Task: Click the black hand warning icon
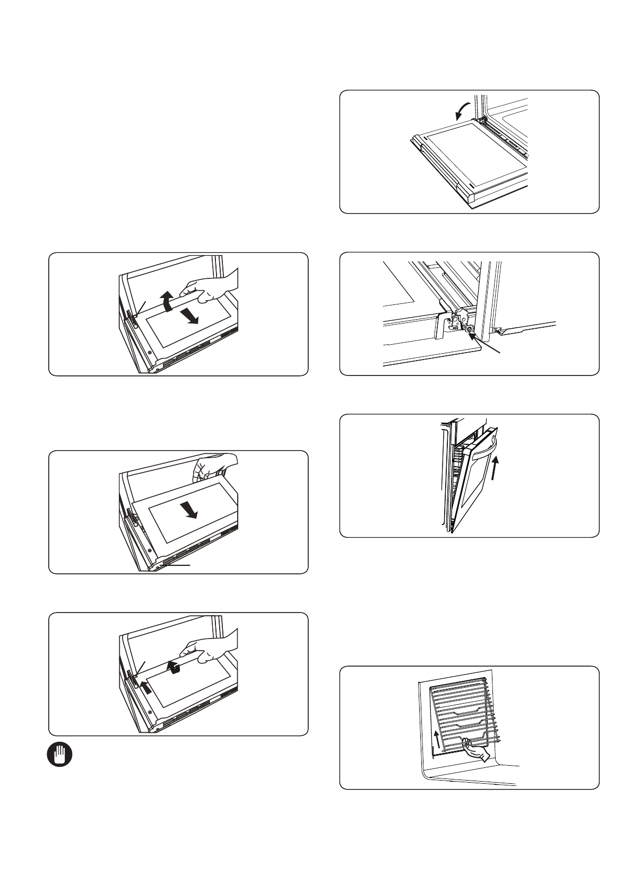tap(58, 755)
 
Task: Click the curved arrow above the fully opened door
tap(461, 111)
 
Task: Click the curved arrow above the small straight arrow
tap(173, 667)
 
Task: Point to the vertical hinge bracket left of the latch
tap(440, 326)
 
